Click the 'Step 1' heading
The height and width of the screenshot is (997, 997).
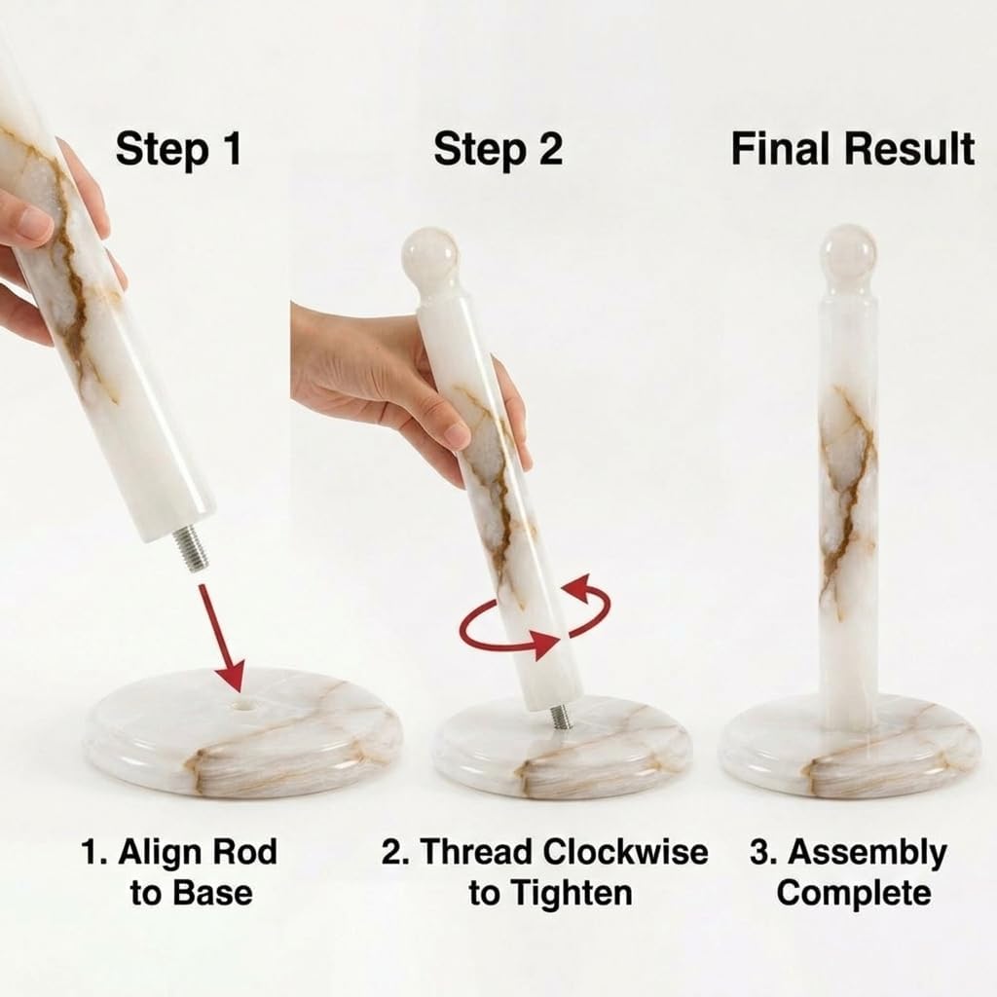179,149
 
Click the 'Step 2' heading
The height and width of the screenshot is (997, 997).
498,149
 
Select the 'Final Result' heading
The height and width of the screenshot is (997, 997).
853,149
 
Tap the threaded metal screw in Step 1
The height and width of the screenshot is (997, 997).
191,549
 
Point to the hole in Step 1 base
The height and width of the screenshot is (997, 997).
244,705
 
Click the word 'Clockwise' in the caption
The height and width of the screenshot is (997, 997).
625,852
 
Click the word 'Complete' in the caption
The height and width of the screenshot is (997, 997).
853,894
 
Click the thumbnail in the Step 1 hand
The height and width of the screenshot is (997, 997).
30,224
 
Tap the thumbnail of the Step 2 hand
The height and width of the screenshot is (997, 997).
455,433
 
